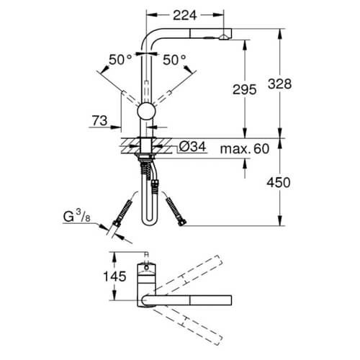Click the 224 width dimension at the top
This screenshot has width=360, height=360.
click(185, 15)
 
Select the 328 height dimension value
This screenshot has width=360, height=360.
click(279, 84)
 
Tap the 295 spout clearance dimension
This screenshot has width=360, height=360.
click(245, 90)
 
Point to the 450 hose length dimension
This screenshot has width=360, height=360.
click(279, 182)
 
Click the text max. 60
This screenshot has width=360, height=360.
click(245, 149)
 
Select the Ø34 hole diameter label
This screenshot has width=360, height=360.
click(192, 147)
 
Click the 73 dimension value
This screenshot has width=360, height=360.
click(99, 120)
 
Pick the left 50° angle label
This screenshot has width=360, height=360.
click(120, 60)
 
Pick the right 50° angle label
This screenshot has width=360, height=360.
click(174, 60)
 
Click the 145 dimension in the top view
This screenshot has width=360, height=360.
click(114, 276)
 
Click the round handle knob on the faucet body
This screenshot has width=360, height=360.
click(146, 112)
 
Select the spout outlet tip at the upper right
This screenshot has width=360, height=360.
click(225, 34)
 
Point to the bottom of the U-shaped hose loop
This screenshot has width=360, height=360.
click(148, 222)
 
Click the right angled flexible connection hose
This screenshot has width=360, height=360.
click(176, 212)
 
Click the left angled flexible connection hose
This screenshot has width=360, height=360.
click(122, 212)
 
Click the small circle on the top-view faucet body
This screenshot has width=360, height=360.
click(146, 267)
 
